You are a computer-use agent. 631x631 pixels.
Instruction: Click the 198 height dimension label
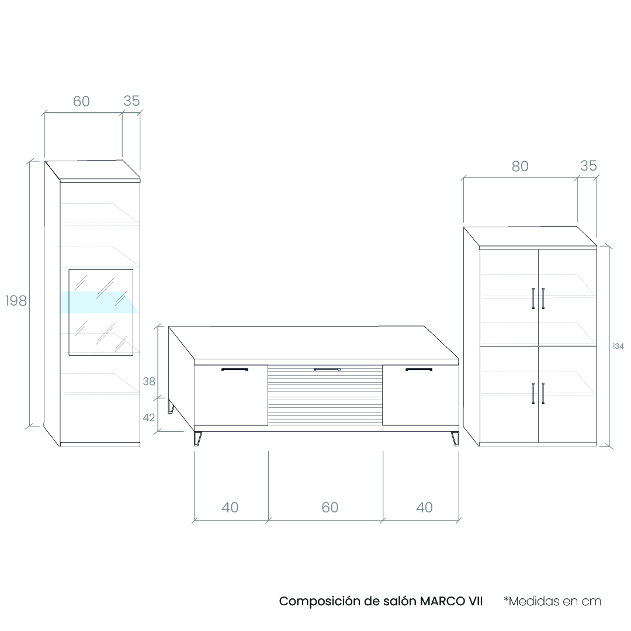16,301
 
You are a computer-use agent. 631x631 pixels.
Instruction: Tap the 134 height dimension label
618,346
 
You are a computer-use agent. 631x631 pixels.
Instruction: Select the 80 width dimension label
520,166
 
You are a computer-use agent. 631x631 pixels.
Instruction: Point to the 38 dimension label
149,381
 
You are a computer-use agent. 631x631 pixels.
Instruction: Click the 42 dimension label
148,418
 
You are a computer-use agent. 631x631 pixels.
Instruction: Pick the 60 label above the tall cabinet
81,102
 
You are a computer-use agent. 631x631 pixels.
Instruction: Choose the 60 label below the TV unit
330,508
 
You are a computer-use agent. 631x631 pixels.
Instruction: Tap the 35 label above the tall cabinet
131,101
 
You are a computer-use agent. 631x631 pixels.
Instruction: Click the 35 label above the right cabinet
588,166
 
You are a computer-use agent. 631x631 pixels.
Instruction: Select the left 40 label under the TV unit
230,508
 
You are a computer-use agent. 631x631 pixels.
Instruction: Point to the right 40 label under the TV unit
425,508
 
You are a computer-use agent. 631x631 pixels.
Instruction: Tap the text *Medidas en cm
553,601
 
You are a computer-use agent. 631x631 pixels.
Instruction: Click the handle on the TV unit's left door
235,369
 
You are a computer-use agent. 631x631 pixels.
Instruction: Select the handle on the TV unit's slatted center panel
327,369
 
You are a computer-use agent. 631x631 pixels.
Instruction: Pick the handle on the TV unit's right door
419,369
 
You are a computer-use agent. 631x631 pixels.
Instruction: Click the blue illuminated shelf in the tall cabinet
99,302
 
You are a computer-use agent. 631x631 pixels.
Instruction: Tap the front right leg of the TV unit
455,439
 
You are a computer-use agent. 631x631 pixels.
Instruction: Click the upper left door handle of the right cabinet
533,299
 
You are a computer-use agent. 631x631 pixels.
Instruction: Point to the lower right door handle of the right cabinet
543,394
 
